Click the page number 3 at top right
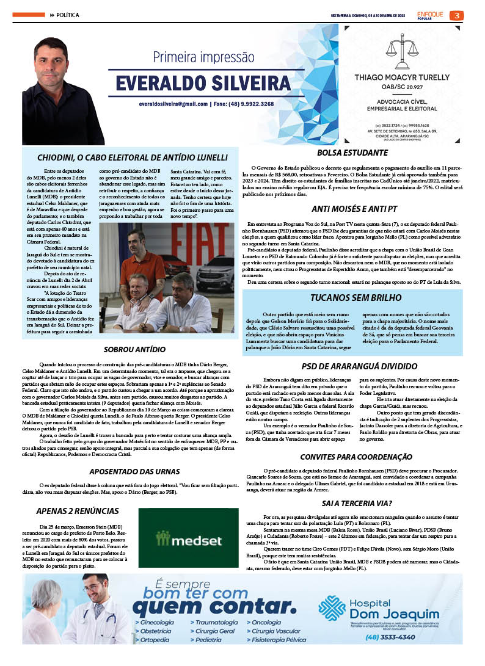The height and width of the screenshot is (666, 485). (x=456, y=15)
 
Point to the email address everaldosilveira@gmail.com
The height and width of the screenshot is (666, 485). (x=173, y=104)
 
